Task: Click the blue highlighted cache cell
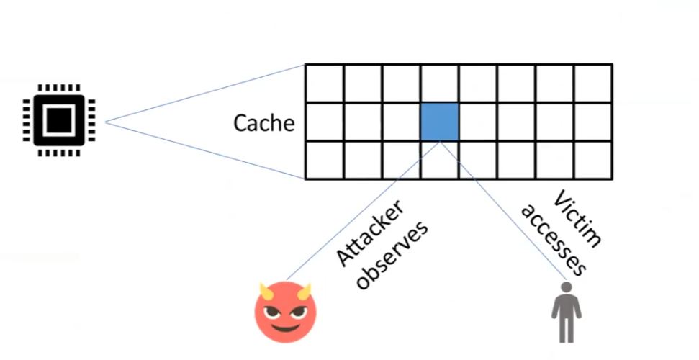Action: pyautogui.click(x=440, y=122)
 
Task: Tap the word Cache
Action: pyautogui.click(x=264, y=122)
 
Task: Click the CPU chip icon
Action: pyautogui.click(x=59, y=120)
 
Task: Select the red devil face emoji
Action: pyautogui.click(x=285, y=312)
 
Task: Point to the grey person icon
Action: pyautogui.click(x=566, y=312)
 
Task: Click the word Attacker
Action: pyautogui.click(x=370, y=233)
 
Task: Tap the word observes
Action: pyautogui.click(x=392, y=255)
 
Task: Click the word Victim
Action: pyautogui.click(x=577, y=219)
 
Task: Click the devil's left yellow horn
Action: pyautogui.click(x=266, y=292)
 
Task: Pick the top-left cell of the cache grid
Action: pyautogui.click(x=324, y=84)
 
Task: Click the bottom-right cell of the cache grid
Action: pyautogui.click(x=593, y=160)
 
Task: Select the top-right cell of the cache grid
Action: pyautogui.click(x=593, y=84)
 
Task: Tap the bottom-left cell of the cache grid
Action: pyautogui.click(x=324, y=160)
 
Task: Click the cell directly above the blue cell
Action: pyautogui.click(x=440, y=84)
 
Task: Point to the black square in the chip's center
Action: pyautogui.click(x=59, y=120)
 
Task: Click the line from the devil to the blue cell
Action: pyautogui.click(x=363, y=211)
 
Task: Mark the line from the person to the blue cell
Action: pyautogui.click(x=503, y=211)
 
